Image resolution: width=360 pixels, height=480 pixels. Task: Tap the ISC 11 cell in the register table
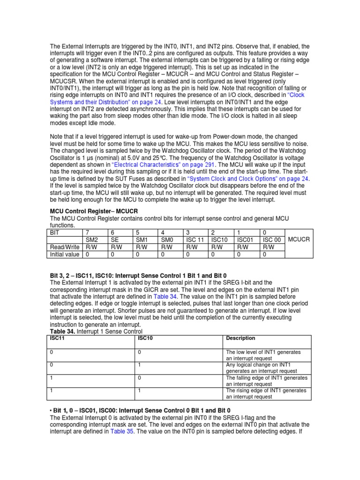tap(195, 240)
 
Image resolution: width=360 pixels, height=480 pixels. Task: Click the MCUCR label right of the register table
tap(299, 240)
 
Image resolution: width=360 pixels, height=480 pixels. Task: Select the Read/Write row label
tap(65, 247)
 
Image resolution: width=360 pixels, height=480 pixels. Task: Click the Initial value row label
tap(65, 255)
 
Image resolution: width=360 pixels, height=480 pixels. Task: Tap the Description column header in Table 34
tap(240, 337)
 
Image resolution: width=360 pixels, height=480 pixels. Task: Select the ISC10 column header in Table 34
tap(145, 337)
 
